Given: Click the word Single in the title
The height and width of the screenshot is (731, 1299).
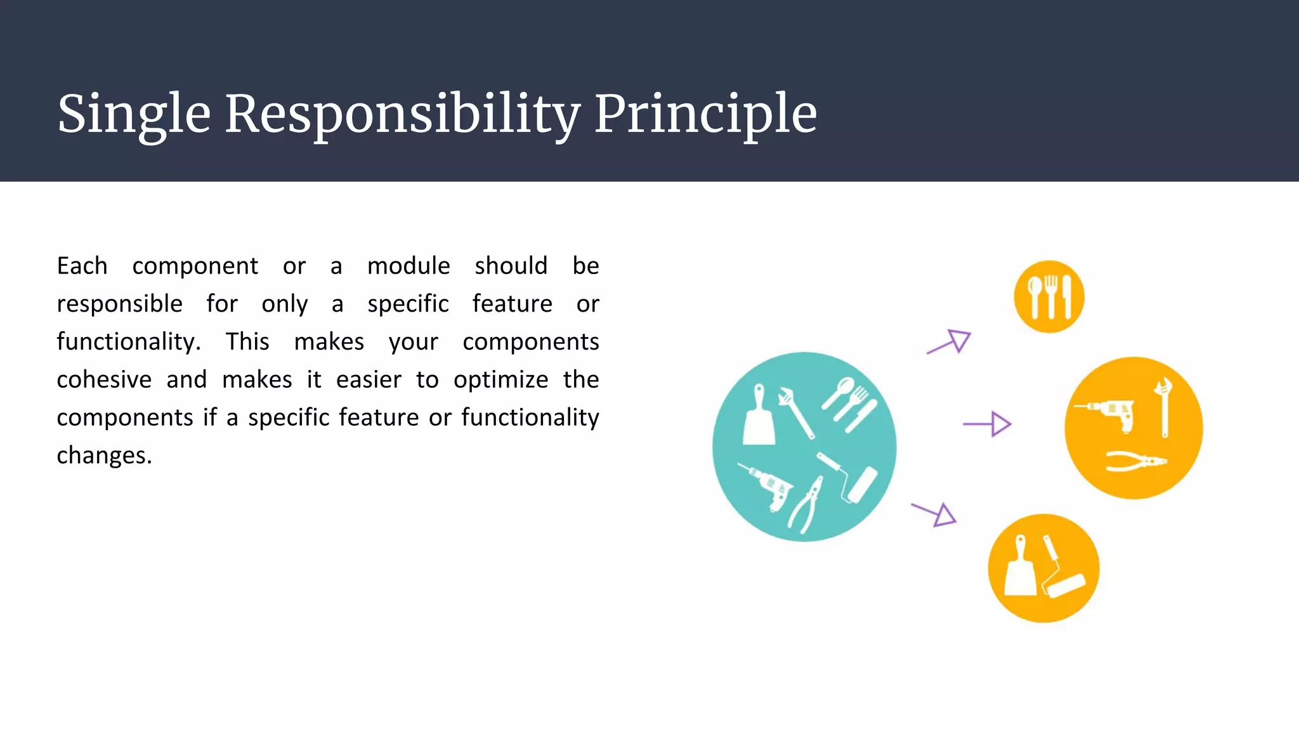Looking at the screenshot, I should coord(134,114).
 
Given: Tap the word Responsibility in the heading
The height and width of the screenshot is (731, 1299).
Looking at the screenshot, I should coord(402,114).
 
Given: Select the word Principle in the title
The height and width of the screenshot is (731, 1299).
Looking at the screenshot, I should coord(705,114).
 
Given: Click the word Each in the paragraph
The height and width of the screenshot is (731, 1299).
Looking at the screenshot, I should coord(82,266).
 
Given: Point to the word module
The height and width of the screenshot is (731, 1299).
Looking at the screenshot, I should coord(408,266).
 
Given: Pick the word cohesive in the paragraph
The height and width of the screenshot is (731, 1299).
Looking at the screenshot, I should coord(104,379).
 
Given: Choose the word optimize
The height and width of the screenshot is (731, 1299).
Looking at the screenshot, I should coord(500,379).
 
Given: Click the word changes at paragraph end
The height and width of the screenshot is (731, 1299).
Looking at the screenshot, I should coord(104,456).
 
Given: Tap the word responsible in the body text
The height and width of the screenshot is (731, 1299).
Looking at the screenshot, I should coord(119,304).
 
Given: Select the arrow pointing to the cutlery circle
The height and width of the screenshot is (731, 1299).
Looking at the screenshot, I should coord(949,341).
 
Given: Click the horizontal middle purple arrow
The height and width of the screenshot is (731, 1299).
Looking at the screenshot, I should coord(987,424).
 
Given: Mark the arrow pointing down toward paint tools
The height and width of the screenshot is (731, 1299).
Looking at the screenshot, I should coord(934,513).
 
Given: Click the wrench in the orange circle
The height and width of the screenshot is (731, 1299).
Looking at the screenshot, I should coord(1164,407).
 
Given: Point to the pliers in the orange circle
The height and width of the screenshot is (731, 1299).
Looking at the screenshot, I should coord(1135,461).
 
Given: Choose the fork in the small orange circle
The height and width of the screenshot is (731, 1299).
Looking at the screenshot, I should coord(1050,296).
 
